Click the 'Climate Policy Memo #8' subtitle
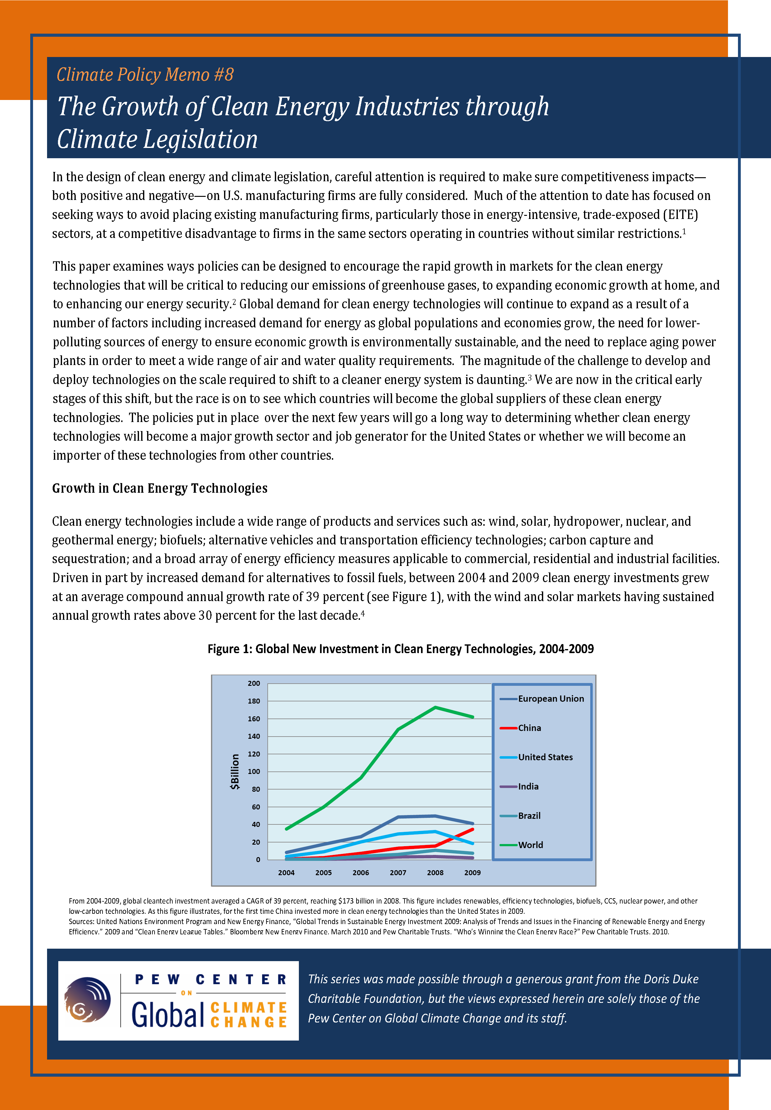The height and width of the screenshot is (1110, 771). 145,75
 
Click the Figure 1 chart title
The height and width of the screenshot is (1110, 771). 400,649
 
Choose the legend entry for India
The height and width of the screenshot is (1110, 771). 528,786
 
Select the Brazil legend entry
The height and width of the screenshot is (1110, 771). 529,815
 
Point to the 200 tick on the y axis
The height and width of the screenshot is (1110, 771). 254,683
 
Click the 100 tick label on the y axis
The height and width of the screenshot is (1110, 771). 254,771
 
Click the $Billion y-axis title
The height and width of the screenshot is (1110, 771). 235,771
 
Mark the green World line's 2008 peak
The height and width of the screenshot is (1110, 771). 435,707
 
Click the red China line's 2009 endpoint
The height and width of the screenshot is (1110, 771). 472,829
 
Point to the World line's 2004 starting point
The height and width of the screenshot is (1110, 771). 286,829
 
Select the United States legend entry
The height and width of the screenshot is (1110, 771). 545,757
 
